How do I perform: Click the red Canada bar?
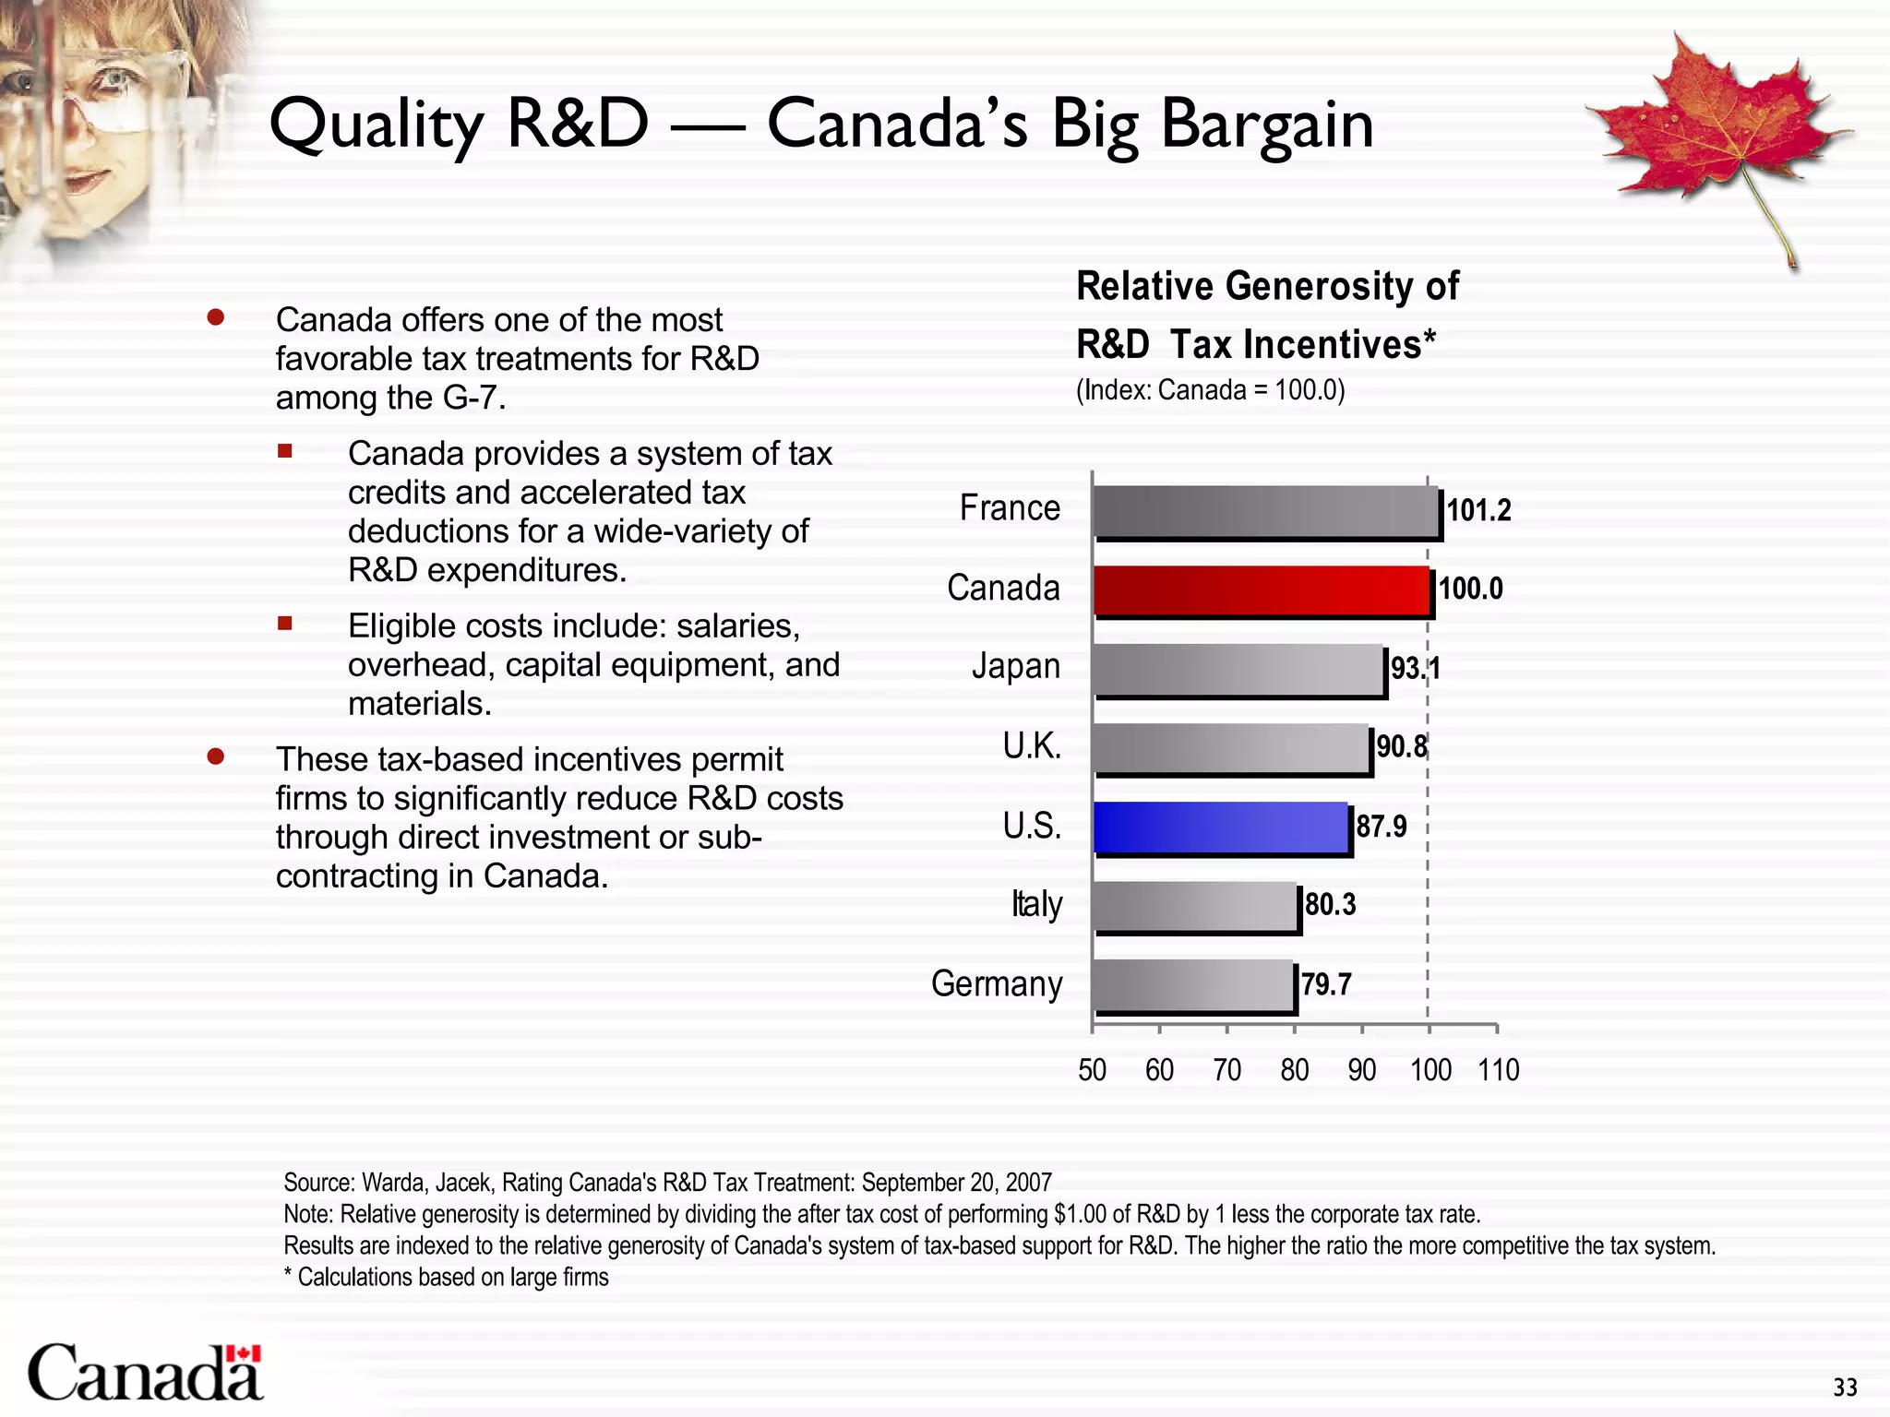(1261, 590)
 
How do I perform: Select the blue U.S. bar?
(1220, 828)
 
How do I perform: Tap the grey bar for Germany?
(1192, 985)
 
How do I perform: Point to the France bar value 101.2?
(1478, 510)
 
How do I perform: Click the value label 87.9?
(1382, 827)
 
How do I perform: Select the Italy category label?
(1036, 905)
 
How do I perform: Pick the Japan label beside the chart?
(1015, 666)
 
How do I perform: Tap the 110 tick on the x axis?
(1498, 1070)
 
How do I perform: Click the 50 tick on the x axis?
(1092, 1070)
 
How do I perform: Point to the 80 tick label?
(1294, 1070)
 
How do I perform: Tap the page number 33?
(1845, 1387)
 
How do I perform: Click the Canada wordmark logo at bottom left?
(145, 1374)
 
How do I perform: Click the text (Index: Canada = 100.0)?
(1210, 390)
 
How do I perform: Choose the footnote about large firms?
(446, 1278)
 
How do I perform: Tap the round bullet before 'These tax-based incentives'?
(216, 757)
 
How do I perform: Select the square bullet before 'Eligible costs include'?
(285, 624)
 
